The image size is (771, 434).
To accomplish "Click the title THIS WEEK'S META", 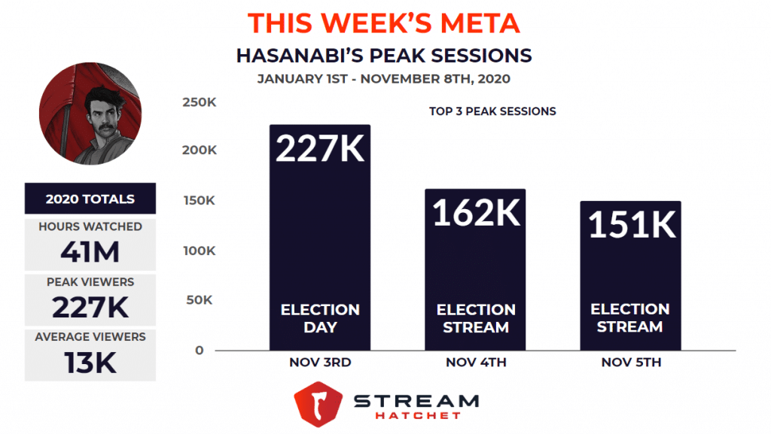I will point(384,23).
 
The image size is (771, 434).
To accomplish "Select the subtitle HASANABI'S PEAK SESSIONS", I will point(384,56).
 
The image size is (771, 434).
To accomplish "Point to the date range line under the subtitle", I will point(384,78).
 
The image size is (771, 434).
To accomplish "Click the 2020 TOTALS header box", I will point(90,199).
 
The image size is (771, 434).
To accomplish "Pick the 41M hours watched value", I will point(90,252).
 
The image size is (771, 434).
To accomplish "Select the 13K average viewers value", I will point(90,363).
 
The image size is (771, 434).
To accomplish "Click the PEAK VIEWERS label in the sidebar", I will point(90,282).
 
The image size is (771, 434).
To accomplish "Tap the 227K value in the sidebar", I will point(90,308).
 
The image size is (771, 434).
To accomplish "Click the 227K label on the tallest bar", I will point(320,148).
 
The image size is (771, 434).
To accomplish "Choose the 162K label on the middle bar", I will point(476,213).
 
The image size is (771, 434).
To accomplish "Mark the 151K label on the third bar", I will point(631,224).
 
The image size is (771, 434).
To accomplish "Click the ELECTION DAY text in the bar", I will point(320,318).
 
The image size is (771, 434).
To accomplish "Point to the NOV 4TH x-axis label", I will point(476,363).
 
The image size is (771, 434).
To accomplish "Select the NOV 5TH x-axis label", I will point(631,363).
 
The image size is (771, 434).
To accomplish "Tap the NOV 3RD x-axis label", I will point(320,363).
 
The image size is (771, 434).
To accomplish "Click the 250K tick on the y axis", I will point(200,101).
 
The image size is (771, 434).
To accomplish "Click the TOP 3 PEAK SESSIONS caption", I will point(492,111).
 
